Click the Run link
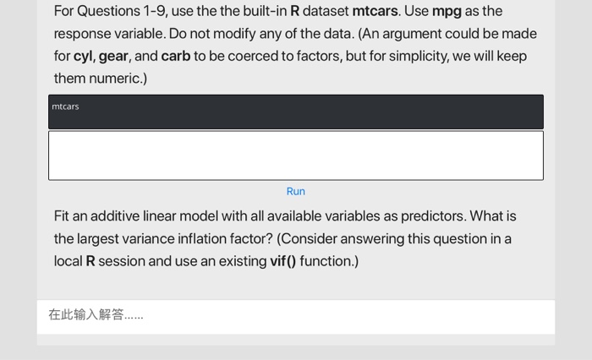pyautogui.click(x=295, y=192)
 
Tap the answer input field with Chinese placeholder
pyautogui.click(x=295, y=315)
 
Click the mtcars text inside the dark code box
pyautogui.click(x=65, y=106)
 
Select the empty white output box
pyautogui.click(x=295, y=155)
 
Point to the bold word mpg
pyautogui.click(x=447, y=12)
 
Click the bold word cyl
pyautogui.click(x=83, y=57)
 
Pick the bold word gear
pyautogui.click(x=113, y=57)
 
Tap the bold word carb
pyautogui.click(x=175, y=57)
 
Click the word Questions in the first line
pyautogui.click(x=108, y=12)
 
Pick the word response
pyautogui.click(x=81, y=34)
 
